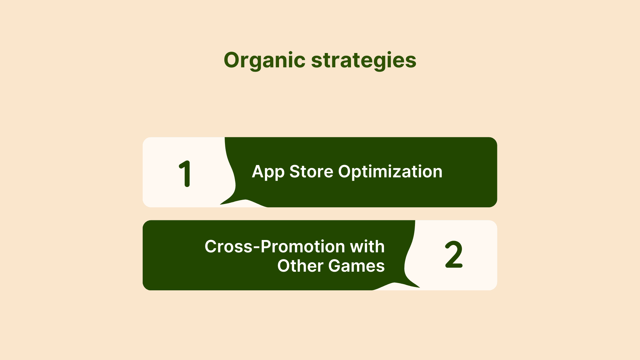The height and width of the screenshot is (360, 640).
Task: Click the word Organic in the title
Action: (x=265, y=61)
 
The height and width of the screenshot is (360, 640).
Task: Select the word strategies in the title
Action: (x=364, y=61)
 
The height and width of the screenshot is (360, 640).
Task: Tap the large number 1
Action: (x=185, y=174)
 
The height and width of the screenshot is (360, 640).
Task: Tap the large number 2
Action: (x=454, y=255)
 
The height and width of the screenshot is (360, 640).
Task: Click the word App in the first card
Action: (x=268, y=172)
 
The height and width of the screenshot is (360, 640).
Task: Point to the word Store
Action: (x=311, y=172)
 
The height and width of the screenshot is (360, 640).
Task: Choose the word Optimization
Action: (x=390, y=172)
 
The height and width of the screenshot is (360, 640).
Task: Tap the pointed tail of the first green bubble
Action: (x=221, y=204)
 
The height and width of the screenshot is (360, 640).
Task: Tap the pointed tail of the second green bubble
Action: (x=419, y=287)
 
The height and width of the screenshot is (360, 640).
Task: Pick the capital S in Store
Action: (x=295, y=172)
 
